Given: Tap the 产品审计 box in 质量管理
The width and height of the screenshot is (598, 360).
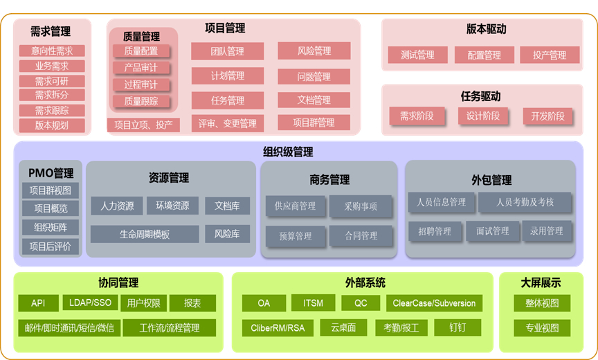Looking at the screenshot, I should pyautogui.click(x=141, y=68).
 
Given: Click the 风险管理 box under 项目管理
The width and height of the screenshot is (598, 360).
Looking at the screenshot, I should pyautogui.click(x=314, y=51).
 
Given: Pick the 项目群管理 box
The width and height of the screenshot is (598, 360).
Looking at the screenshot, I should pyautogui.click(x=314, y=123).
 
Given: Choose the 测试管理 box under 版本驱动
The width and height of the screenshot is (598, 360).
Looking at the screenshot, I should pyautogui.click(x=417, y=55).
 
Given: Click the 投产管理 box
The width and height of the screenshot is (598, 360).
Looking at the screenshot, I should pyautogui.click(x=550, y=55).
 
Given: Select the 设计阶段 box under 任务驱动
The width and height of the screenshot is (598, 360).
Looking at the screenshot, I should pyautogui.click(x=483, y=116).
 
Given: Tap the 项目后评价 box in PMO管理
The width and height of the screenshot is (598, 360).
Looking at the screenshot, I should pyautogui.click(x=51, y=246).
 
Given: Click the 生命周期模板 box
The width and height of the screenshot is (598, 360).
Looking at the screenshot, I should pyautogui.click(x=145, y=234).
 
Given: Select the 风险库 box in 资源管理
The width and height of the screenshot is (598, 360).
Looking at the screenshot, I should pyautogui.click(x=227, y=234).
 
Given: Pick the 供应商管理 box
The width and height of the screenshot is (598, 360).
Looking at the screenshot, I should pyautogui.click(x=295, y=206).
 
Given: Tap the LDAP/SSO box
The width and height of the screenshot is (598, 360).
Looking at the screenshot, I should pyautogui.click(x=91, y=303).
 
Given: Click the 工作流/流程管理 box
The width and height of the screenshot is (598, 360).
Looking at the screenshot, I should pyautogui.click(x=170, y=327).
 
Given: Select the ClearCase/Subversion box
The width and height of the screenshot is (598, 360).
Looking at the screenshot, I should pyautogui.click(x=434, y=303).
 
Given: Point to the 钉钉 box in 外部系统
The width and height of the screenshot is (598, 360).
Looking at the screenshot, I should pyautogui.click(x=457, y=327).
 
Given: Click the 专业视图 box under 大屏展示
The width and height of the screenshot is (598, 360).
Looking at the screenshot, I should pyautogui.click(x=542, y=327).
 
